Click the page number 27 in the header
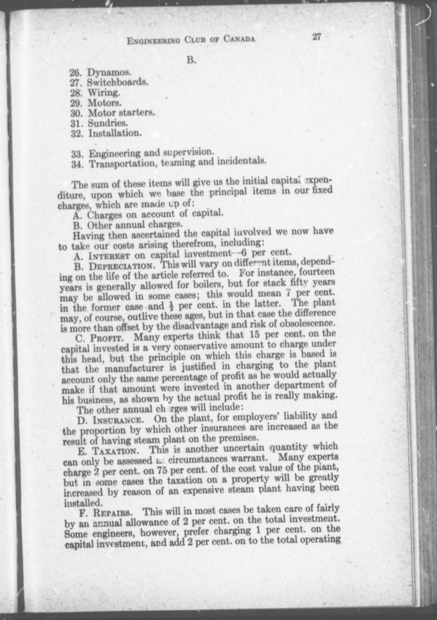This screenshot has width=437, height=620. [x=316, y=37]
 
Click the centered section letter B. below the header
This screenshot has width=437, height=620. [x=191, y=61]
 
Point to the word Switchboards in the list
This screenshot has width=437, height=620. [x=118, y=82]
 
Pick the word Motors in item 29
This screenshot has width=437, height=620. [x=104, y=103]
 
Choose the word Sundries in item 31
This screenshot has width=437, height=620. [x=107, y=123]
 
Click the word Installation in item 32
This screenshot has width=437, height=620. [x=115, y=133]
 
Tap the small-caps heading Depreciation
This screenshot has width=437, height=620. [x=122, y=266]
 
